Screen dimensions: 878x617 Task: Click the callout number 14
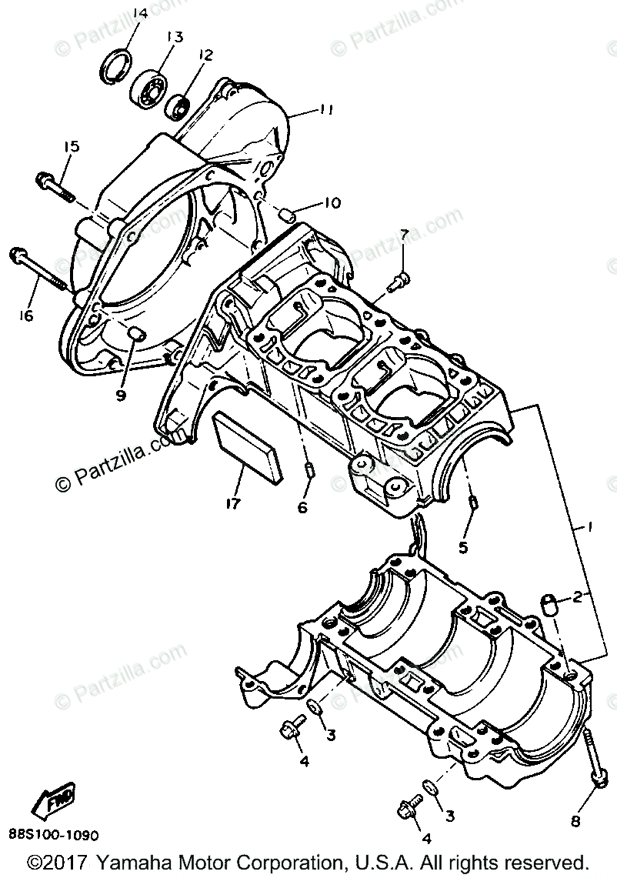coord(138,13)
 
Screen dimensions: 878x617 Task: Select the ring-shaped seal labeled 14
coord(117,61)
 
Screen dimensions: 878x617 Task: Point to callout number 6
coord(302,507)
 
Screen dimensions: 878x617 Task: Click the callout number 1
coord(589,529)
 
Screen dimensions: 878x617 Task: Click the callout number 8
coord(575,821)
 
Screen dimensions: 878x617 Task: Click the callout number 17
coord(231,504)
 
